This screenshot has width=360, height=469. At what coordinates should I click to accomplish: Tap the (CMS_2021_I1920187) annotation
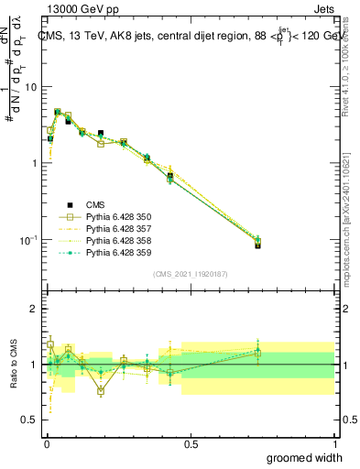(x=190, y=274)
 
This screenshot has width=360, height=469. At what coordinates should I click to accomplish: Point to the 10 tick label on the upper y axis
(x=30, y=87)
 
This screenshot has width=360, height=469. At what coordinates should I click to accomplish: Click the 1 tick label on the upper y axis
(x=34, y=163)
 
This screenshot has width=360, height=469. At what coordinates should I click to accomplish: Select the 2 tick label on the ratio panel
(x=34, y=309)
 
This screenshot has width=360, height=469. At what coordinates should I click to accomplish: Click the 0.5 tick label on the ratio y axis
(x=28, y=420)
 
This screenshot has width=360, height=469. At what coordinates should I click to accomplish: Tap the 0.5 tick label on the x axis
(x=191, y=444)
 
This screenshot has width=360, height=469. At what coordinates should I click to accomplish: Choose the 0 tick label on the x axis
(x=46, y=444)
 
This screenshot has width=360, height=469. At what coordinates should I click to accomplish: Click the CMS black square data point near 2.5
(x=101, y=133)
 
